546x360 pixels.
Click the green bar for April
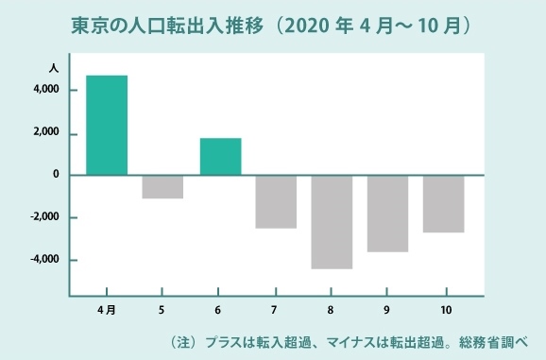tap(107, 125)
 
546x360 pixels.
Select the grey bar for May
tap(162, 186)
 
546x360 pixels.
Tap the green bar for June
tap(220, 156)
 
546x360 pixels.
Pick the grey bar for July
tap(276, 201)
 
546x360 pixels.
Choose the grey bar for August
tap(332, 222)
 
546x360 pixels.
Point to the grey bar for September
tap(387, 214)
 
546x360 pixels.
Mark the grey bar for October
tap(443, 203)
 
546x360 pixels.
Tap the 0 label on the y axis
tap(56, 175)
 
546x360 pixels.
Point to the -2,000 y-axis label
tap(44, 217)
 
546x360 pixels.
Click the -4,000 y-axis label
tap(44, 260)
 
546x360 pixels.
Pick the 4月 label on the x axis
tap(107, 310)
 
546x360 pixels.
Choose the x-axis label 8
tap(332, 310)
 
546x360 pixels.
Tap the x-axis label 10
tap(444, 310)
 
